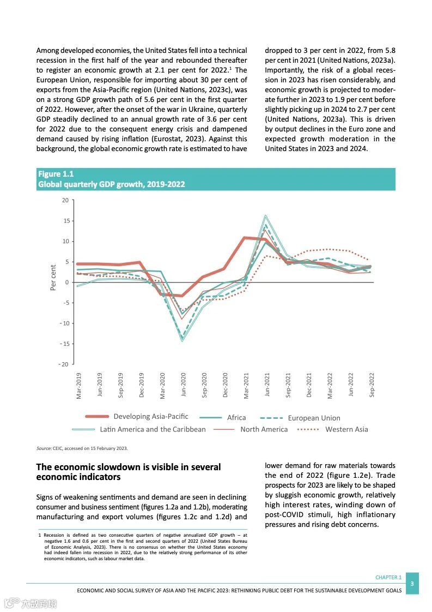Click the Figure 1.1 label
[x=56, y=174]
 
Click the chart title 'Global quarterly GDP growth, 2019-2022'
[x=111, y=184]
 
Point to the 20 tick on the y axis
[x=65, y=200]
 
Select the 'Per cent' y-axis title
[x=53, y=278]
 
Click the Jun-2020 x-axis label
[x=184, y=385]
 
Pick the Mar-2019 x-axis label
[x=79, y=385]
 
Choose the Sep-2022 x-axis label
[x=372, y=385]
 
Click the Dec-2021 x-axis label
[x=309, y=385]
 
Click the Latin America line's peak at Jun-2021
[x=266, y=215]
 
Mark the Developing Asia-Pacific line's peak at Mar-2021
[x=246, y=238]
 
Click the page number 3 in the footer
[x=412, y=584]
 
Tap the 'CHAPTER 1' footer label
[x=388, y=577]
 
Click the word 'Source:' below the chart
[x=44, y=448]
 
